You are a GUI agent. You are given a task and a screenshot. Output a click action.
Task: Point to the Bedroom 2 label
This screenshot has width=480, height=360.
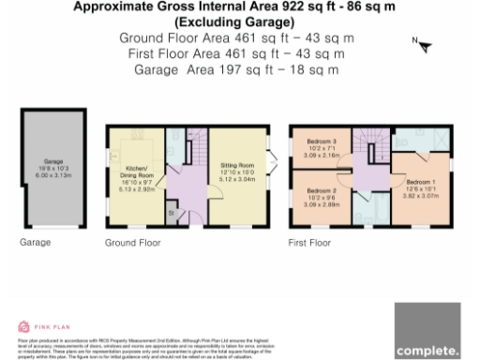point(321,197)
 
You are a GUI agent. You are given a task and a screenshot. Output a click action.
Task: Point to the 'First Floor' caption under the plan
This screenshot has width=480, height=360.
point(310,242)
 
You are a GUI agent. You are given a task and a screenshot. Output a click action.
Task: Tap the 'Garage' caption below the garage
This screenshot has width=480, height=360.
point(36,242)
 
